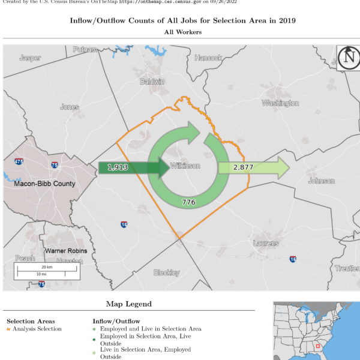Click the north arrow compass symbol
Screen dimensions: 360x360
pos(348,58)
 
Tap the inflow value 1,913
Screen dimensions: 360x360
pos(118,167)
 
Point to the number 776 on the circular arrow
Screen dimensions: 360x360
pos(188,202)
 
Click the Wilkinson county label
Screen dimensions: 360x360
pos(185,166)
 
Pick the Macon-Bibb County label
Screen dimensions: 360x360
pos(45,184)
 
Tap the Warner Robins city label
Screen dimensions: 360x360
pos(66,250)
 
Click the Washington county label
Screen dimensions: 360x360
pos(280,103)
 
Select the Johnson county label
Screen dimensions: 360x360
pos(321,181)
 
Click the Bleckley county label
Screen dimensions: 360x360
pos(166,272)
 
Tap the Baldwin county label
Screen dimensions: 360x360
pos(151,81)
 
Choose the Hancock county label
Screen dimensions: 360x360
pos(208,58)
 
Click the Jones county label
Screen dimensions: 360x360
pos(69,107)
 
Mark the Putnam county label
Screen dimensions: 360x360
pos(85,50)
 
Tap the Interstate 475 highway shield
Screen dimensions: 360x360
pos(19,162)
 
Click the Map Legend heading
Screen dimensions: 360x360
pos(129,304)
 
